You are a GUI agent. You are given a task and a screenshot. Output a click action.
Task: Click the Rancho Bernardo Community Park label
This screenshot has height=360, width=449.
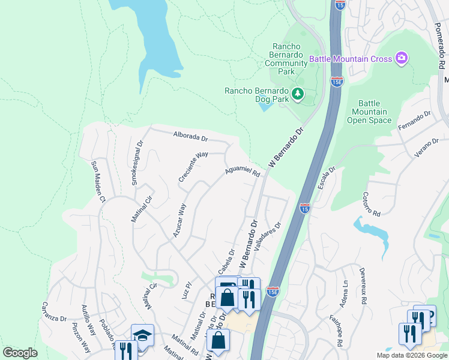[282, 59]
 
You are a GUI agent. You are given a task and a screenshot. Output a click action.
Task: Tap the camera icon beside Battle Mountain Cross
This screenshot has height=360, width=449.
[402, 58]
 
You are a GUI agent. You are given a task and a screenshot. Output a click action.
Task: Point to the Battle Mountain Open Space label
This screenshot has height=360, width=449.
[367, 112]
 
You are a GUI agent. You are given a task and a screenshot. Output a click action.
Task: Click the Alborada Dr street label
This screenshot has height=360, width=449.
[190, 136]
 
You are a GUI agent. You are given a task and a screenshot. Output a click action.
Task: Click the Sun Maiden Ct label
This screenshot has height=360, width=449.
[98, 181]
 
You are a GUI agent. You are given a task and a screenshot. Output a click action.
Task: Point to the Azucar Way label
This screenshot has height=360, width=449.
[179, 220]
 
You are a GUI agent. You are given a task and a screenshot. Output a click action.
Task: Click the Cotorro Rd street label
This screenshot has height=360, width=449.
[372, 205]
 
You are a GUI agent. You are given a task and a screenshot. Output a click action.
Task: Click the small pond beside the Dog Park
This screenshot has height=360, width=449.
[265, 107]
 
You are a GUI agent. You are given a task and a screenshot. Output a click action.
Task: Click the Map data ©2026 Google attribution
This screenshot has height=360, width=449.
[412, 355]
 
